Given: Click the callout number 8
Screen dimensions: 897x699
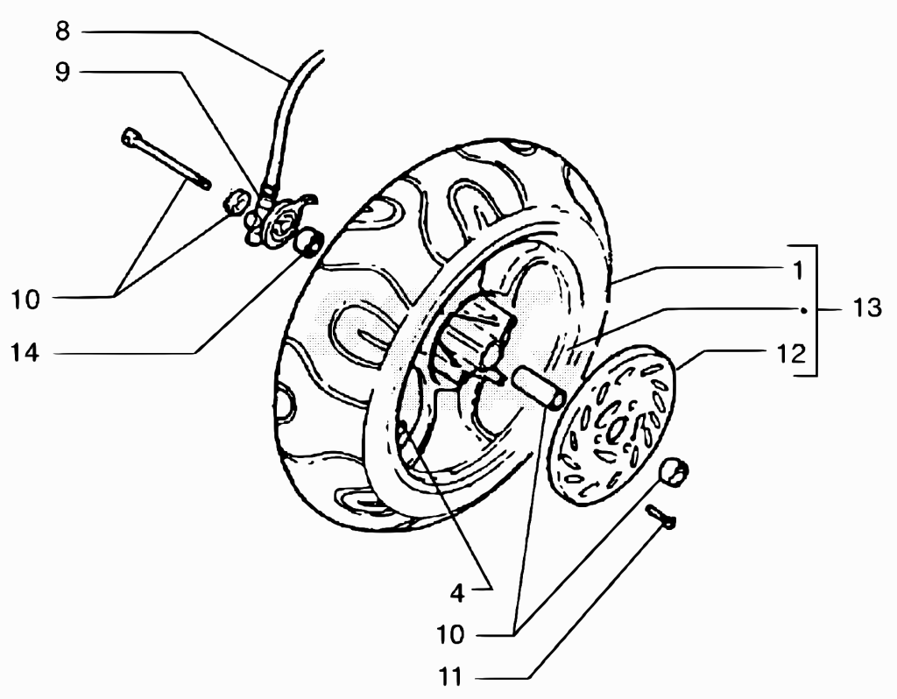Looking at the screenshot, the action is coord(63,31).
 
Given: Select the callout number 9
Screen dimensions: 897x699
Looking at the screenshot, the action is coord(62,72).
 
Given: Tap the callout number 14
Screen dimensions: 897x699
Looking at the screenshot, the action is coord(25,353).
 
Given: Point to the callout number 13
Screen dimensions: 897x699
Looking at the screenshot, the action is coord(867,308).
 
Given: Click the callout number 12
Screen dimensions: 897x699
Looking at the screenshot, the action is coord(791,354).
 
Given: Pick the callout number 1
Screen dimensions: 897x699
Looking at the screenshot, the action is coord(799,271).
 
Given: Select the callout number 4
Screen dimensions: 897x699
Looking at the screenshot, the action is coord(457,594).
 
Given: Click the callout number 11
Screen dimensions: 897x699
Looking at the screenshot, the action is coord(450,678).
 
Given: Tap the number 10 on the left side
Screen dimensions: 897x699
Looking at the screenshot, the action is coord(25,300).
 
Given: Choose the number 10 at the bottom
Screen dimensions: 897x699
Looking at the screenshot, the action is coord(451,634).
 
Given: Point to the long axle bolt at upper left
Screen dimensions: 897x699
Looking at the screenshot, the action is coord(166,158).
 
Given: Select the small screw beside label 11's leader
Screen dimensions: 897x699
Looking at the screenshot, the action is coord(661,516).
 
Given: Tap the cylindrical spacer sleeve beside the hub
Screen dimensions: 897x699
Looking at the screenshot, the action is coord(540,388).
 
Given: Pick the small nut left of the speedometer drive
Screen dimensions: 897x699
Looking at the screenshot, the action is coord(237,203).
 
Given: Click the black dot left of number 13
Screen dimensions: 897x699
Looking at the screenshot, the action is coord(804,311).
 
